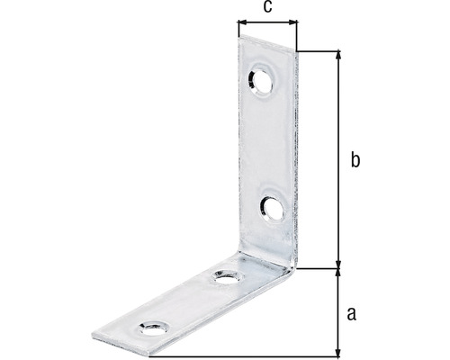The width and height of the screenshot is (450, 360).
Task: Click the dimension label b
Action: pos(355,160)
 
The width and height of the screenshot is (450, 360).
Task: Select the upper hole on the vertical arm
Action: pos(264,77)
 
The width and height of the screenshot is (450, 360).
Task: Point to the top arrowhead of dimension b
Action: pos(338,56)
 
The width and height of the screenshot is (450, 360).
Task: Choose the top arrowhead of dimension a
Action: pos(338,273)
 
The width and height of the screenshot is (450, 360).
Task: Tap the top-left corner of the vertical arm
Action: pos(239,38)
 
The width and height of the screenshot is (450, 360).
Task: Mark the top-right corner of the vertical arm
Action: pos(295,51)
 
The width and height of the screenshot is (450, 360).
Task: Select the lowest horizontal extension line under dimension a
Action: pos(270,355)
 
